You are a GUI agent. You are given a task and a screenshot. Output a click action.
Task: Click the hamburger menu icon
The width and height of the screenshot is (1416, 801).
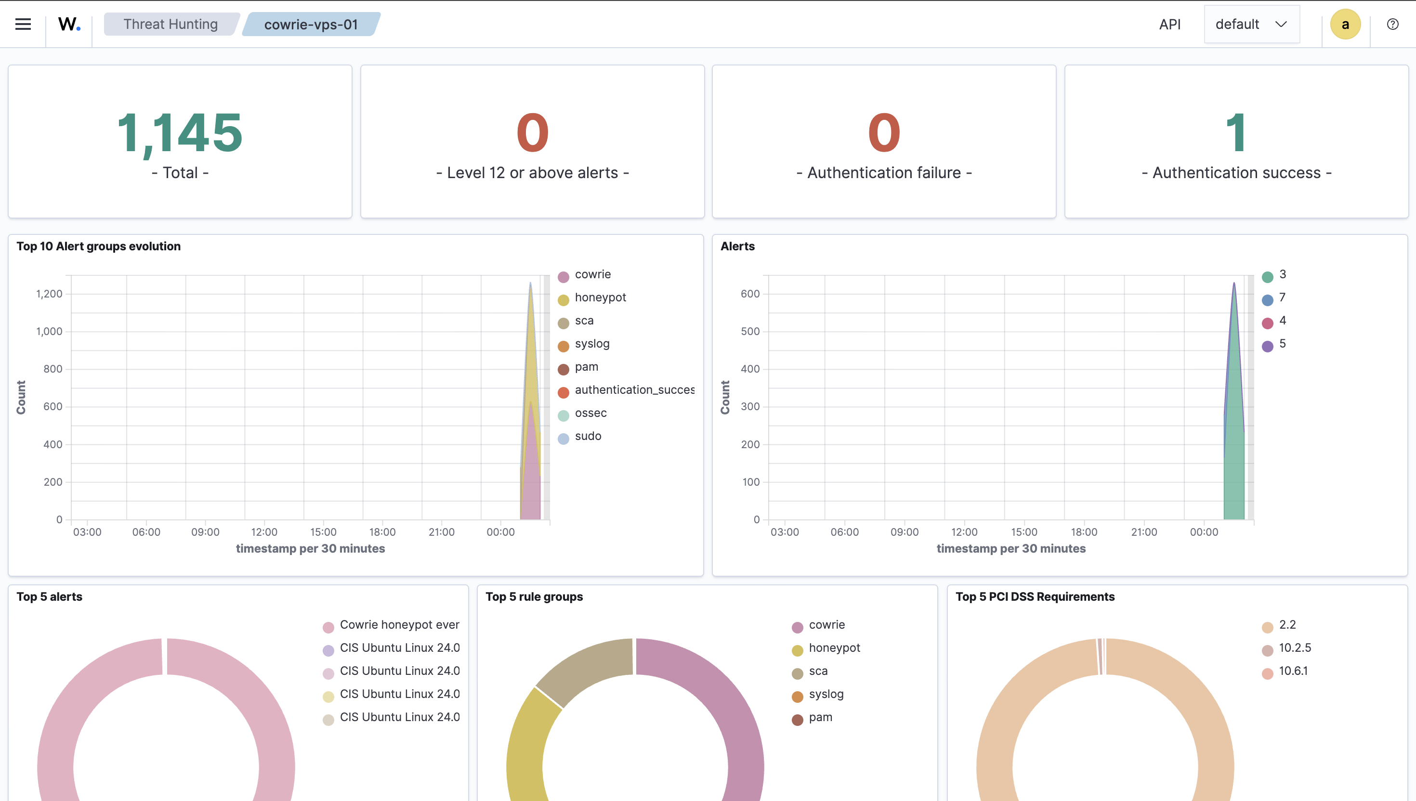23,24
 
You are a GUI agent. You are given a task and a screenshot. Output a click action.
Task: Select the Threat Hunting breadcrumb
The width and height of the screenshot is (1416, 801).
170,24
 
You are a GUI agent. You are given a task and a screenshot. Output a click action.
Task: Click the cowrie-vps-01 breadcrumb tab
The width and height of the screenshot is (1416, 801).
311,25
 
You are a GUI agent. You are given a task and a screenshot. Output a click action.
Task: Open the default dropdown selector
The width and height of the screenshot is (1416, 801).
1251,24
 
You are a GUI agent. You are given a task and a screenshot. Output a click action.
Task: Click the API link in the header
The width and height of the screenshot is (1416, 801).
1169,24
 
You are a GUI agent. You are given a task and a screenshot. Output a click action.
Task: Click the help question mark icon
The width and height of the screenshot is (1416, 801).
1392,24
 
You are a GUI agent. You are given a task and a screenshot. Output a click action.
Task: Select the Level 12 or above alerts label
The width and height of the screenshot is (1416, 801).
532,173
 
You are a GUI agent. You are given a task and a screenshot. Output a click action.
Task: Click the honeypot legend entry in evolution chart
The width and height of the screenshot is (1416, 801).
600,297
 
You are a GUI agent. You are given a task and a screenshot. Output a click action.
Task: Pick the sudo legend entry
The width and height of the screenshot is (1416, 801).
588,436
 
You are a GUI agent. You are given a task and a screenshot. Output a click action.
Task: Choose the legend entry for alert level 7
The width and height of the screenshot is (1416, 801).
1282,297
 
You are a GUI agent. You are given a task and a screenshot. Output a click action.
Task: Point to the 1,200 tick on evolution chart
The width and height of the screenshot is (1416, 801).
49,294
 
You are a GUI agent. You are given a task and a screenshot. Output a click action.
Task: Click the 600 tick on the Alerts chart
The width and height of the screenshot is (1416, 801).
749,294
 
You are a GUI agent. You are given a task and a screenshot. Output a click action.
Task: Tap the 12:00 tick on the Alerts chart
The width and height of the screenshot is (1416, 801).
964,532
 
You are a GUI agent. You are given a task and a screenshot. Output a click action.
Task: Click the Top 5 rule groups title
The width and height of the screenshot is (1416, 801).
534,596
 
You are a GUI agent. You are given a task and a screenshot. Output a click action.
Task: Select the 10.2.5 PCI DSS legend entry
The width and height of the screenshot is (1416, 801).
1294,647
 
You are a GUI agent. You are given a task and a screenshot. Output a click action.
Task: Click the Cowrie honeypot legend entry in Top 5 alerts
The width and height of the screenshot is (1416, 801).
399,624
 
